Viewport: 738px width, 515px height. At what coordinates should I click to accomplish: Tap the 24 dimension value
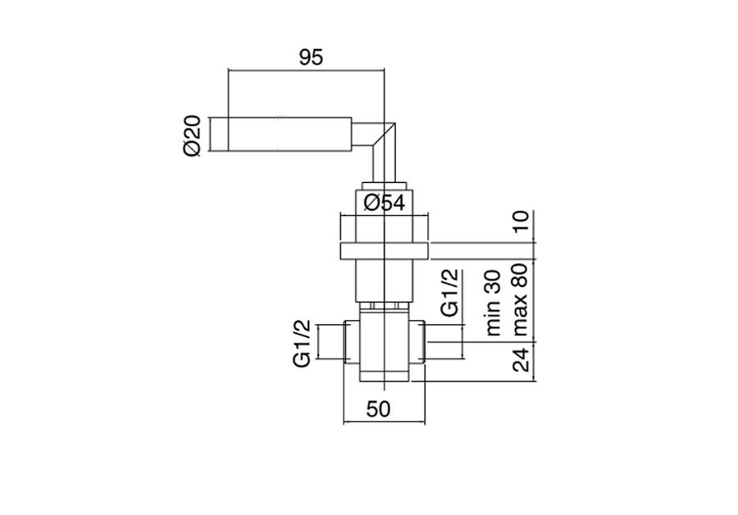520,359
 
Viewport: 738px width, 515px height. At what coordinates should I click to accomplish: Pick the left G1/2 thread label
302,344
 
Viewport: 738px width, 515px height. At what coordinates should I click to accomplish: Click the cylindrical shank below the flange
384,281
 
